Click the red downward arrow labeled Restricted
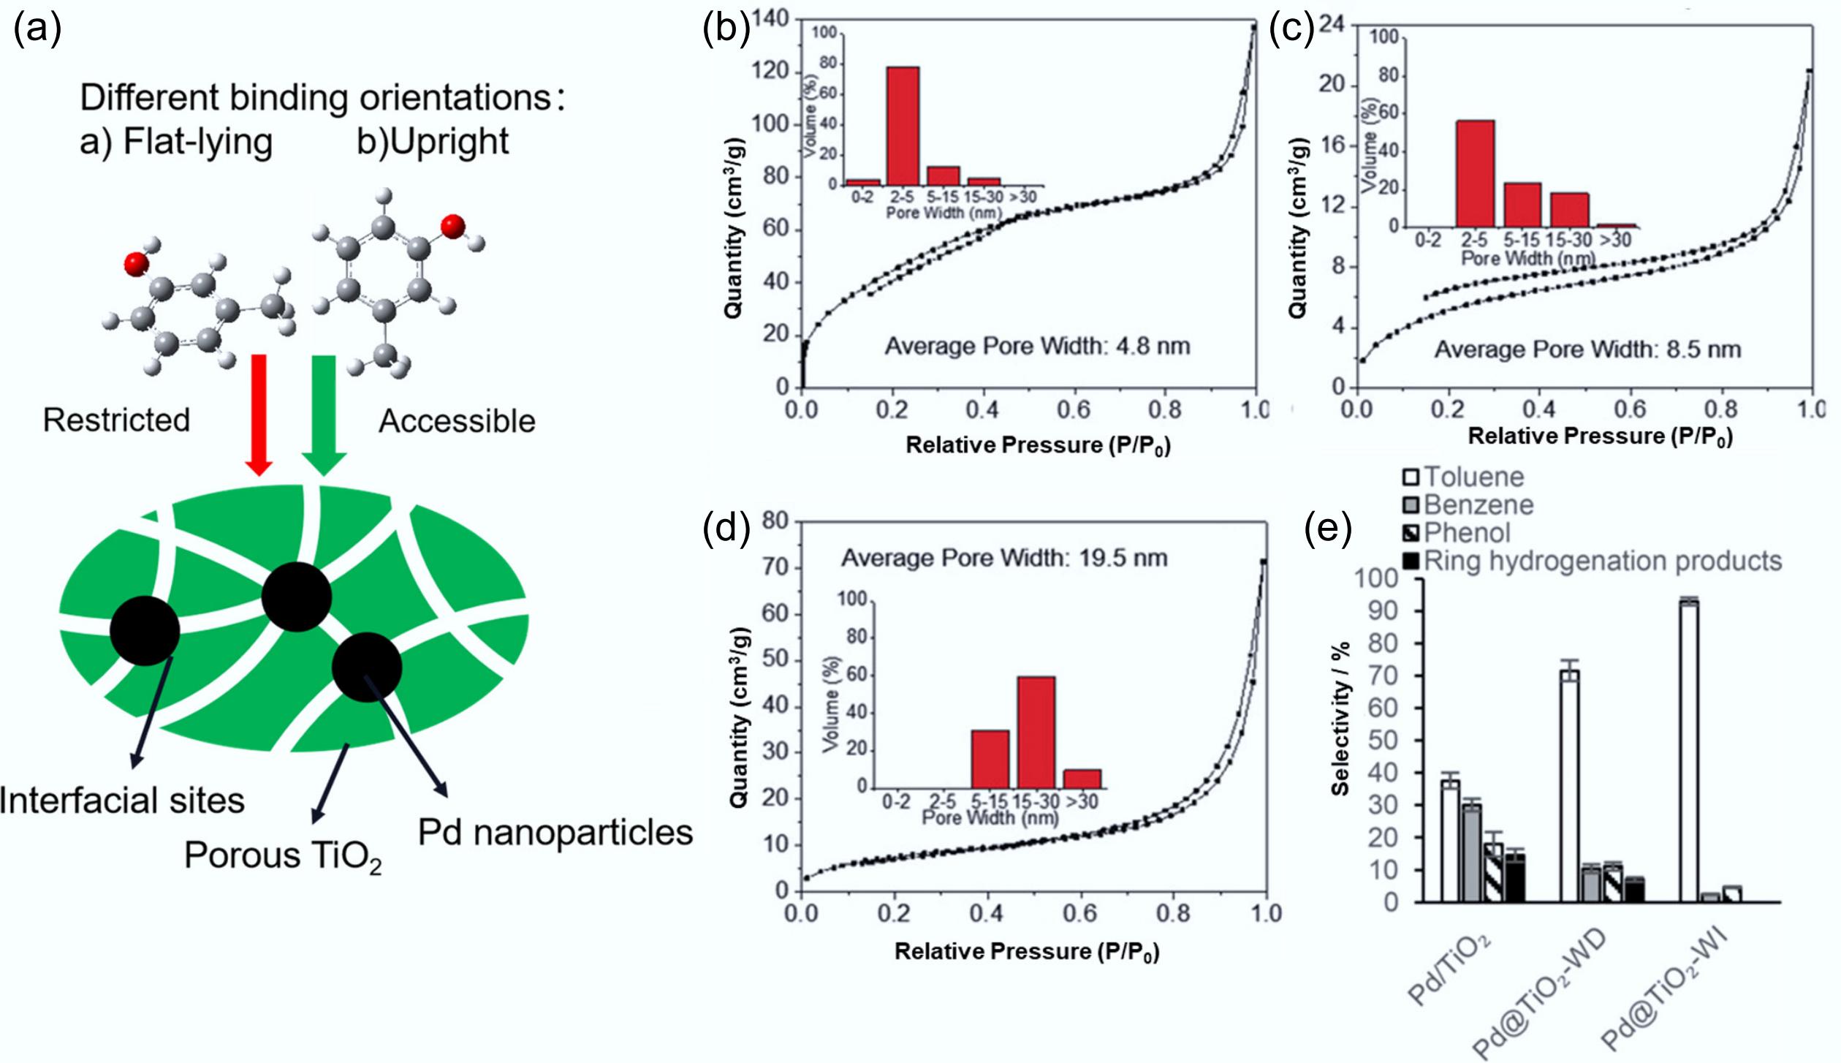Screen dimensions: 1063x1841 (x=259, y=413)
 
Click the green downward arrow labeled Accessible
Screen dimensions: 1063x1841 (x=324, y=413)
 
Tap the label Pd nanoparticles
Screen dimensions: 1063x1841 (x=555, y=833)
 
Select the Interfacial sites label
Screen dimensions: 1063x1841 (x=122, y=801)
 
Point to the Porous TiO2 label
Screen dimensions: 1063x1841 (x=283, y=856)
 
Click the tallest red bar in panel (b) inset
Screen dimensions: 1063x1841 (x=903, y=125)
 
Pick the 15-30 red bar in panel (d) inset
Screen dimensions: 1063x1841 (x=1036, y=732)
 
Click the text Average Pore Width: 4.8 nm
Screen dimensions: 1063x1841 (x=1037, y=346)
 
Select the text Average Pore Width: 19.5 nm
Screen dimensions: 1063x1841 (x=1004, y=559)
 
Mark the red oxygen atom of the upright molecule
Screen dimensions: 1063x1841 (x=453, y=227)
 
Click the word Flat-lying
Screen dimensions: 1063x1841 (x=197, y=141)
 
